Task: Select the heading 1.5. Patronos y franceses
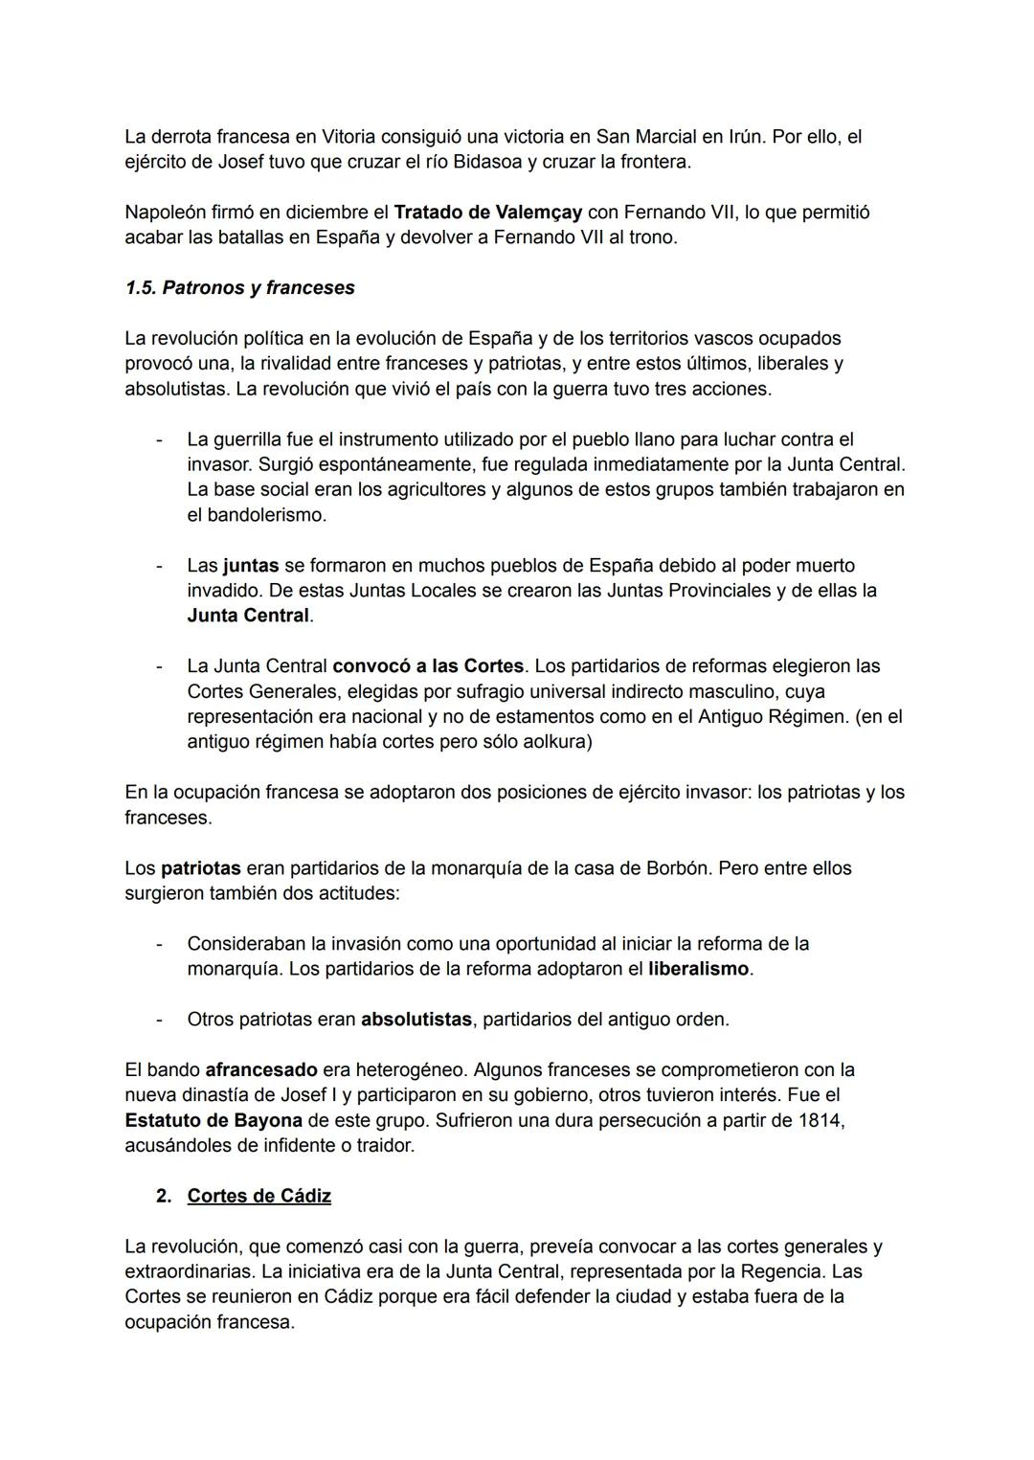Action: point(239,288)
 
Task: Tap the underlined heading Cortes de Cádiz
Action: point(258,1196)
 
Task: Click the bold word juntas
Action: point(250,566)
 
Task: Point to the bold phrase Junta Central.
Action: point(248,616)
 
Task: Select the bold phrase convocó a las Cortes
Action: point(428,665)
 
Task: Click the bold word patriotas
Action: point(200,868)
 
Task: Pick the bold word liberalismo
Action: point(698,969)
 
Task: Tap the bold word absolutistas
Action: point(416,1020)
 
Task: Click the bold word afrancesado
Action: point(260,1069)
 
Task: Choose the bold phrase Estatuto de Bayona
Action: point(214,1120)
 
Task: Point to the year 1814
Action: point(819,1120)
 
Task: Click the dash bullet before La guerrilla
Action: point(159,439)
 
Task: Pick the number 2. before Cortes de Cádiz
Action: point(164,1196)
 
